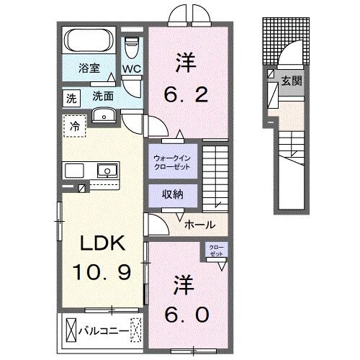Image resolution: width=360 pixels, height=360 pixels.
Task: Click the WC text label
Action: [131, 70]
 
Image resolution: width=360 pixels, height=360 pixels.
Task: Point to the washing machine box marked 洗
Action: [71, 96]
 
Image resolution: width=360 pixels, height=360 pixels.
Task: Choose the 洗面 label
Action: [101, 96]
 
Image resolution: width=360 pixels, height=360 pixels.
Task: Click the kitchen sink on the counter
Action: [106, 171]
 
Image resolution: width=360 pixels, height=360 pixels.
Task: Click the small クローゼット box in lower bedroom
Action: [216, 251]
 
